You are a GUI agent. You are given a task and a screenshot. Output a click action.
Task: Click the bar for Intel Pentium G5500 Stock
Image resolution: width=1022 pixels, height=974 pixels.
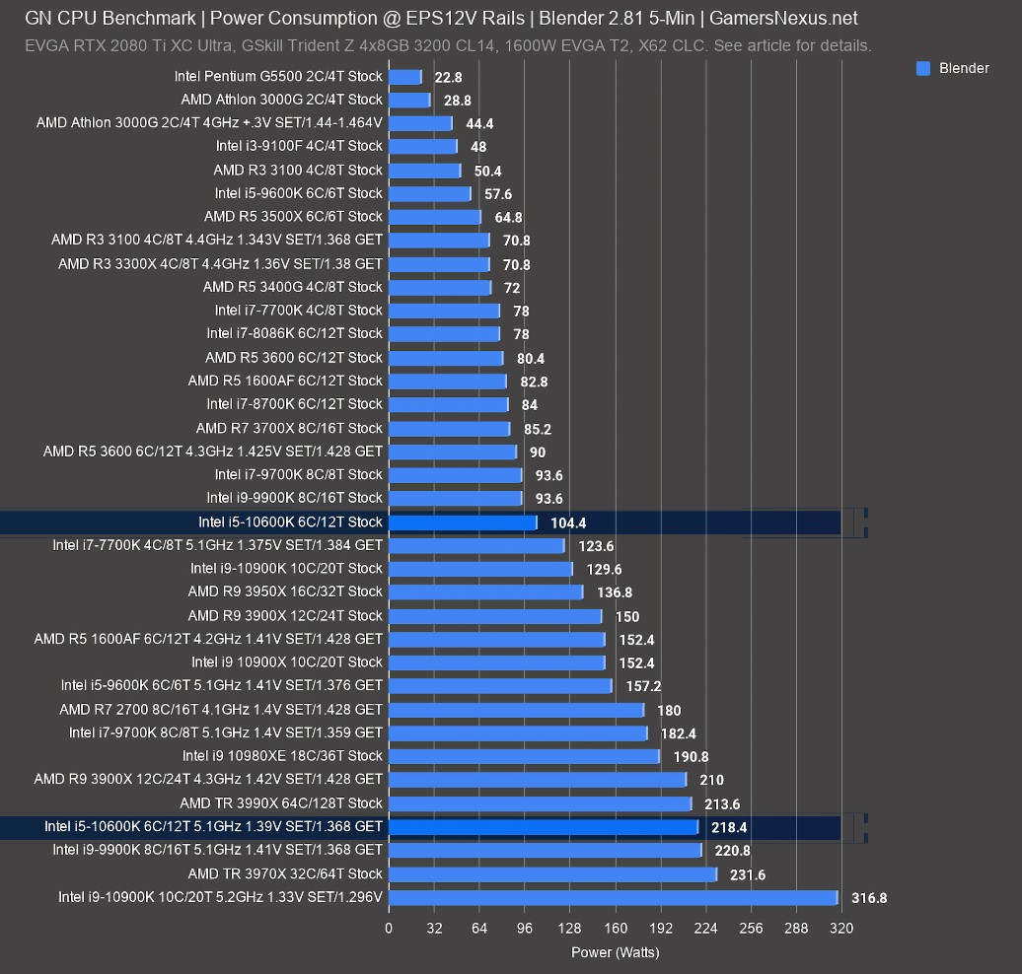(404, 77)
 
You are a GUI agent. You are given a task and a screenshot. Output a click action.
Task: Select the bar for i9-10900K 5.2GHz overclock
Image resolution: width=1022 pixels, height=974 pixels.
(613, 897)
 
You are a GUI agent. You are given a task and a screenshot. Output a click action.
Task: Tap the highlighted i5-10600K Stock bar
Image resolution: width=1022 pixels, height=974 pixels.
(463, 522)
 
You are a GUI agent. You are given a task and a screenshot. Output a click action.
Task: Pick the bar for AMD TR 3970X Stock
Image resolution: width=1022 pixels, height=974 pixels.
(552, 874)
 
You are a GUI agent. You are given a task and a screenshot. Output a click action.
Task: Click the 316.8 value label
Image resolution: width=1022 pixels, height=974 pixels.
(869, 898)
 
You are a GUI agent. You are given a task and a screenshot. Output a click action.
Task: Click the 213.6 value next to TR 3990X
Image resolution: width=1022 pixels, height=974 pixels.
(722, 803)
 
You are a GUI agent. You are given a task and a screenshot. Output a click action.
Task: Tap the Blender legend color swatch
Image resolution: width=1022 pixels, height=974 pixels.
(923, 68)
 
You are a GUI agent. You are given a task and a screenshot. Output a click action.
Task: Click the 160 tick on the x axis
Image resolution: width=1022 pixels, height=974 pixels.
(615, 929)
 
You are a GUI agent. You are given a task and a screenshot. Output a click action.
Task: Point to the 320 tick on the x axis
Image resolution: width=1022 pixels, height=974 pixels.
(841, 929)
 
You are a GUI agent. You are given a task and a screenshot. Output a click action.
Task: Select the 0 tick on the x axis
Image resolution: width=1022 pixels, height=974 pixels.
(389, 929)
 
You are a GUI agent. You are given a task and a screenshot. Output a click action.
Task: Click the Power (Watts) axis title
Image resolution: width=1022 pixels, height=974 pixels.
(615, 952)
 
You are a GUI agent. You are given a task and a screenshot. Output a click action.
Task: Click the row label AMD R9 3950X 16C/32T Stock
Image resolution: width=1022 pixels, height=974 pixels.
(285, 591)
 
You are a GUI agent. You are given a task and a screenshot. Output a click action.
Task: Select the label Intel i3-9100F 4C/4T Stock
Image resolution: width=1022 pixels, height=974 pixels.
(299, 146)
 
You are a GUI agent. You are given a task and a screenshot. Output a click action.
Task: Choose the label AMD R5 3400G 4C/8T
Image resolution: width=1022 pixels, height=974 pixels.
(292, 287)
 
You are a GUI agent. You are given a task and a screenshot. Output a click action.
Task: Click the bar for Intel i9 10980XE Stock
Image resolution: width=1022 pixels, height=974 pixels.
(524, 756)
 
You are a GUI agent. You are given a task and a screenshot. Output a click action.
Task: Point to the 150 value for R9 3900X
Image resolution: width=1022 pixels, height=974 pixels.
(627, 616)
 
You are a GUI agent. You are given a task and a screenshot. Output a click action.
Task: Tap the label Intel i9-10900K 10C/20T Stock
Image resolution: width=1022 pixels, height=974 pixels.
(286, 568)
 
